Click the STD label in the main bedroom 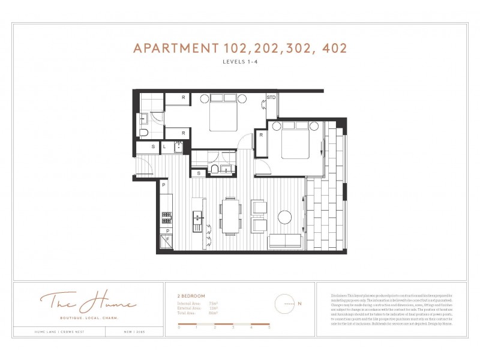click(271, 98)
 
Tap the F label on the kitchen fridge click(168, 239)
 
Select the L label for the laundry click(164, 146)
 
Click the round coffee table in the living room click(285, 216)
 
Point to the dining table click(231, 215)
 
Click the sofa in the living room click(284, 242)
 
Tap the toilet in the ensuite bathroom click(143, 132)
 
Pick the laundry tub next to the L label click(178, 146)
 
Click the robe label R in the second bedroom click(262, 135)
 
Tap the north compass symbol click(286, 304)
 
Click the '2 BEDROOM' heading click(191, 296)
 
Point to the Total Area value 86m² click(212, 313)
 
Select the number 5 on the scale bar click(269, 328)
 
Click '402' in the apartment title click(333, 49)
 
